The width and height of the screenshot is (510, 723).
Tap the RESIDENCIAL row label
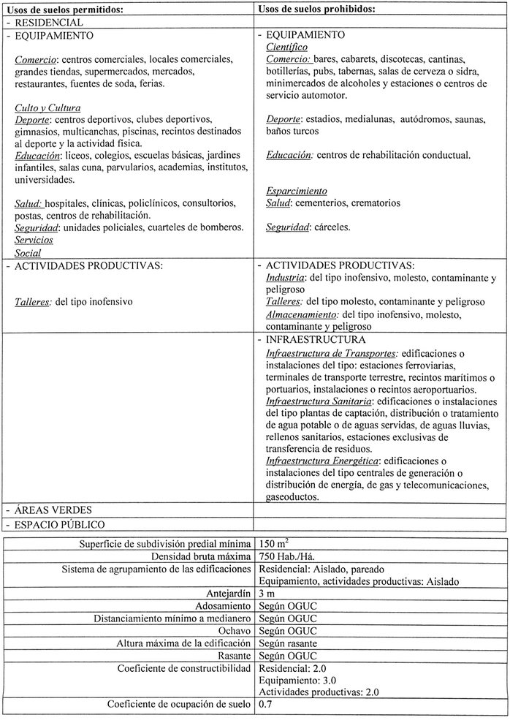click(49, 23)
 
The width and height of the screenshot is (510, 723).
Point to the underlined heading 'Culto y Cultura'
click(47, 108)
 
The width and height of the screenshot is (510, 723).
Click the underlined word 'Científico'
click(288, 47)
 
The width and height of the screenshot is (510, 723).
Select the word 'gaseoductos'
click(292, 496)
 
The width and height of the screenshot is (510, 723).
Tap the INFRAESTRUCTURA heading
click(316, 340)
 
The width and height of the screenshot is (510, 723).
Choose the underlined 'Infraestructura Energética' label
click(322, 461)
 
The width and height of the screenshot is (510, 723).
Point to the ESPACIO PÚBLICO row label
click(59, 524)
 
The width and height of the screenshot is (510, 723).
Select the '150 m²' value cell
click(275, 543)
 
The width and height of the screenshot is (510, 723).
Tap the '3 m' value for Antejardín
click(267, 594)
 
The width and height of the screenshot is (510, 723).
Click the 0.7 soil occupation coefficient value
click(266, 705)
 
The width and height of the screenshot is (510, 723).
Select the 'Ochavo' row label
click(235, 631)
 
